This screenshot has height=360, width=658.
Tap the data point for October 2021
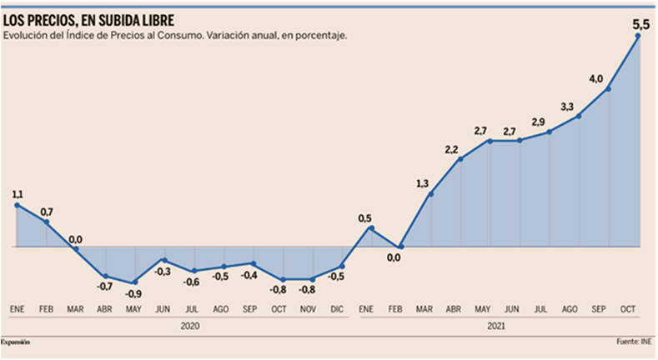(x=638, y=35)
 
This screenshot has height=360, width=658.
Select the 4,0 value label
(x=596, y=78)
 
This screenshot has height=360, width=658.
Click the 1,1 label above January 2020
(x=18, y=194)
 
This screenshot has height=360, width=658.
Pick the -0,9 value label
(x=134, y=293)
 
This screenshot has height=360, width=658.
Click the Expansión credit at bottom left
(x=21, y=342)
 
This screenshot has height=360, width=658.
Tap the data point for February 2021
(x=401, y=247)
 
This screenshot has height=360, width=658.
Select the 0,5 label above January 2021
(x=365, y=218)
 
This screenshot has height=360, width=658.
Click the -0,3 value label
(x=163, y=272)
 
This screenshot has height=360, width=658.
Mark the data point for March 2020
(x=76, y=247)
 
